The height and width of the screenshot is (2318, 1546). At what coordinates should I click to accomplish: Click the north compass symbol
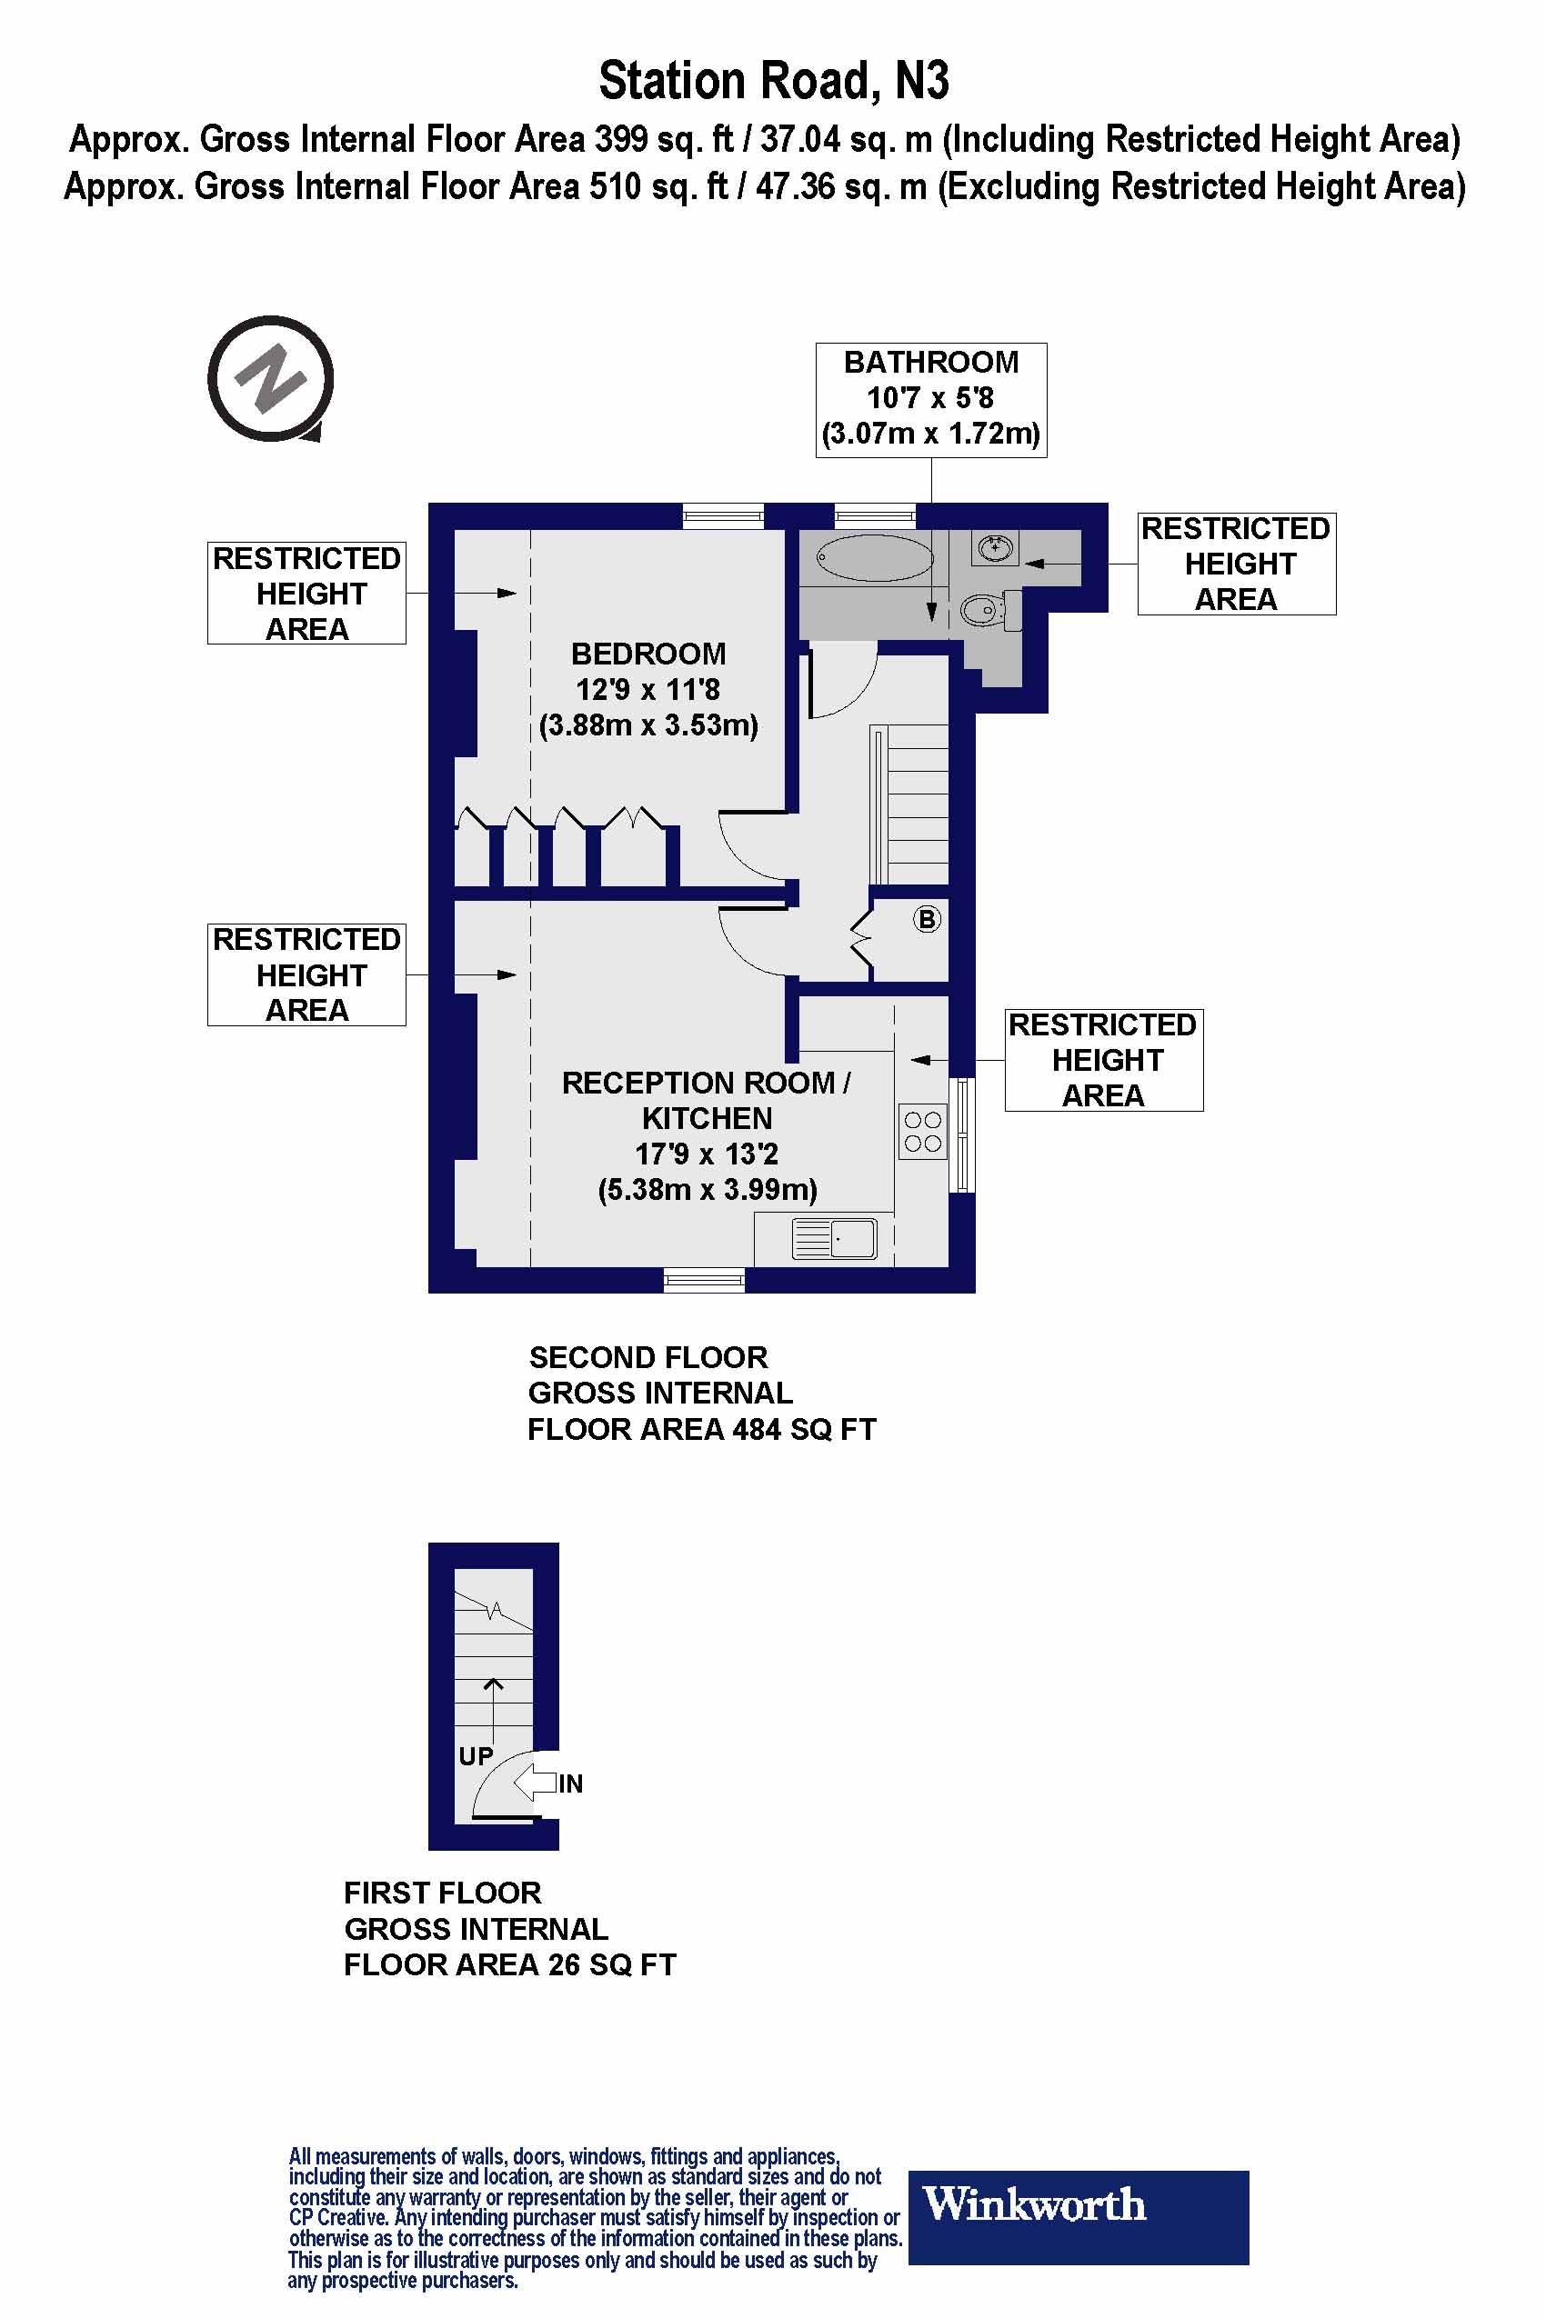(x=270, y=378)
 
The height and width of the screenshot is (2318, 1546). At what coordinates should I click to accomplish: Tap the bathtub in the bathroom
(x=874, y=559)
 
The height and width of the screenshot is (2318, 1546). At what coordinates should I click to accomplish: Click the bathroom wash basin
(x=995, y=547)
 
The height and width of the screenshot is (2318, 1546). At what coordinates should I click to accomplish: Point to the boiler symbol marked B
(x=927, y=920)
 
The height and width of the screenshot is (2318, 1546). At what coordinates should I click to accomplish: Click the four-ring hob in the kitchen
(x=922, y=1132)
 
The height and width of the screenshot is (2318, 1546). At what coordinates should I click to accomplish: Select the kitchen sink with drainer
(x=834, y=1238)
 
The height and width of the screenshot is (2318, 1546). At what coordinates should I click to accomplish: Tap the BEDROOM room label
(x=648, y=654)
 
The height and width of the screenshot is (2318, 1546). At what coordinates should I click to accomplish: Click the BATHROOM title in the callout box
(x=930, y=363)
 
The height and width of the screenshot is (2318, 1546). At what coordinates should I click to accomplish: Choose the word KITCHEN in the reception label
(x=707, y=1119)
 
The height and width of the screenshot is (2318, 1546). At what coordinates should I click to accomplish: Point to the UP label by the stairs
(x=476, y=1756)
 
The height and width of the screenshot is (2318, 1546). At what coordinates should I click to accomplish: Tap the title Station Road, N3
(x=773, y=81)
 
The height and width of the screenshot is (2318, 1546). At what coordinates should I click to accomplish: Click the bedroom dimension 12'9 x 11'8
(x=648, y=689)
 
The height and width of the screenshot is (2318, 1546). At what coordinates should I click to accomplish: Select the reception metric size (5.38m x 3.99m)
(x=707, y=1190)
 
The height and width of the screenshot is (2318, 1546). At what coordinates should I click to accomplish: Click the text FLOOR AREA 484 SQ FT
(x=701, y=1429)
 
